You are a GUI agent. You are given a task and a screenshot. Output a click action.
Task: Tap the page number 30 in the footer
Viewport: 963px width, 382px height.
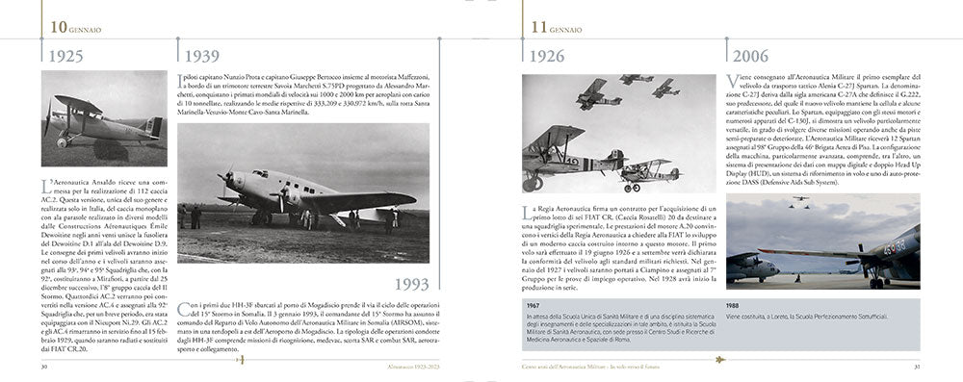coord(43,366)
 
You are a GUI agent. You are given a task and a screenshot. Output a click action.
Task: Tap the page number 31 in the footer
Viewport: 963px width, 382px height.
coord(918,366)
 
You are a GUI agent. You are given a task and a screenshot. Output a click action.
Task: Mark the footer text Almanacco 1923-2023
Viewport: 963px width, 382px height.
coord(407,366)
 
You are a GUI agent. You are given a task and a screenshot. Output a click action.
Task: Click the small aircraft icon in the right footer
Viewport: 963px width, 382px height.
coord(718,366)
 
